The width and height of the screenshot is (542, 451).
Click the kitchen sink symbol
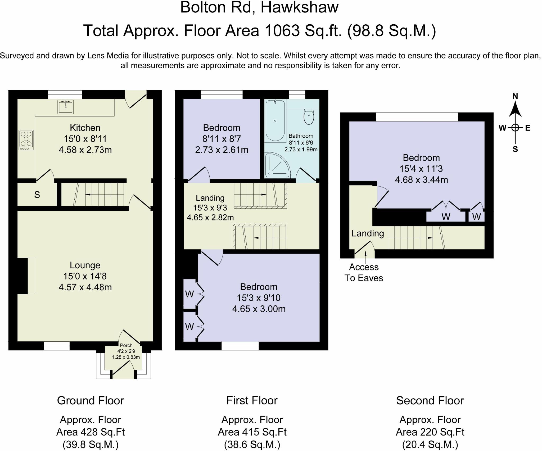click(x=65, y=107)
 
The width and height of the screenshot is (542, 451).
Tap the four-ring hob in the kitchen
click(x=26, y=140)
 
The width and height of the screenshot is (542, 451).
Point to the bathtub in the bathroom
click(x=275, y=120)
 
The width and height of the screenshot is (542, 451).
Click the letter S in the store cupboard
click(x=37, y=195)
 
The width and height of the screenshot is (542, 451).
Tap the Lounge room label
click(x=85, y=265)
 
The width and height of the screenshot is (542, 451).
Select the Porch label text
click(x=126, y=345)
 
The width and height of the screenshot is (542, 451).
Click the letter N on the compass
click(x=515, y=96)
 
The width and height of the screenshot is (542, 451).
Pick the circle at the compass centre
click(x=515, y=128)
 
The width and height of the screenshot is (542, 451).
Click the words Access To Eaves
click(x=364, y=273)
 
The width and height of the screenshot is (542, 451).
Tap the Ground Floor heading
click(x=91, y=401)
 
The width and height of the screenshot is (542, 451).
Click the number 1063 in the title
click(x=282, y=31)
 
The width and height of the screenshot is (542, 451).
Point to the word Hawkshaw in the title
click(x=299, y=7)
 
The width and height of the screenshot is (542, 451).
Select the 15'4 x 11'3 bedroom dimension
click(x=421, y=169)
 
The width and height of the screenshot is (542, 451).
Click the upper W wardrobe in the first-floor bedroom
click(x=189, y=294)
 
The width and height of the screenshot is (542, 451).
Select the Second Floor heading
click(x=430, y=401)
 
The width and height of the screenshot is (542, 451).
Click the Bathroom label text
click(x=301, y=136)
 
